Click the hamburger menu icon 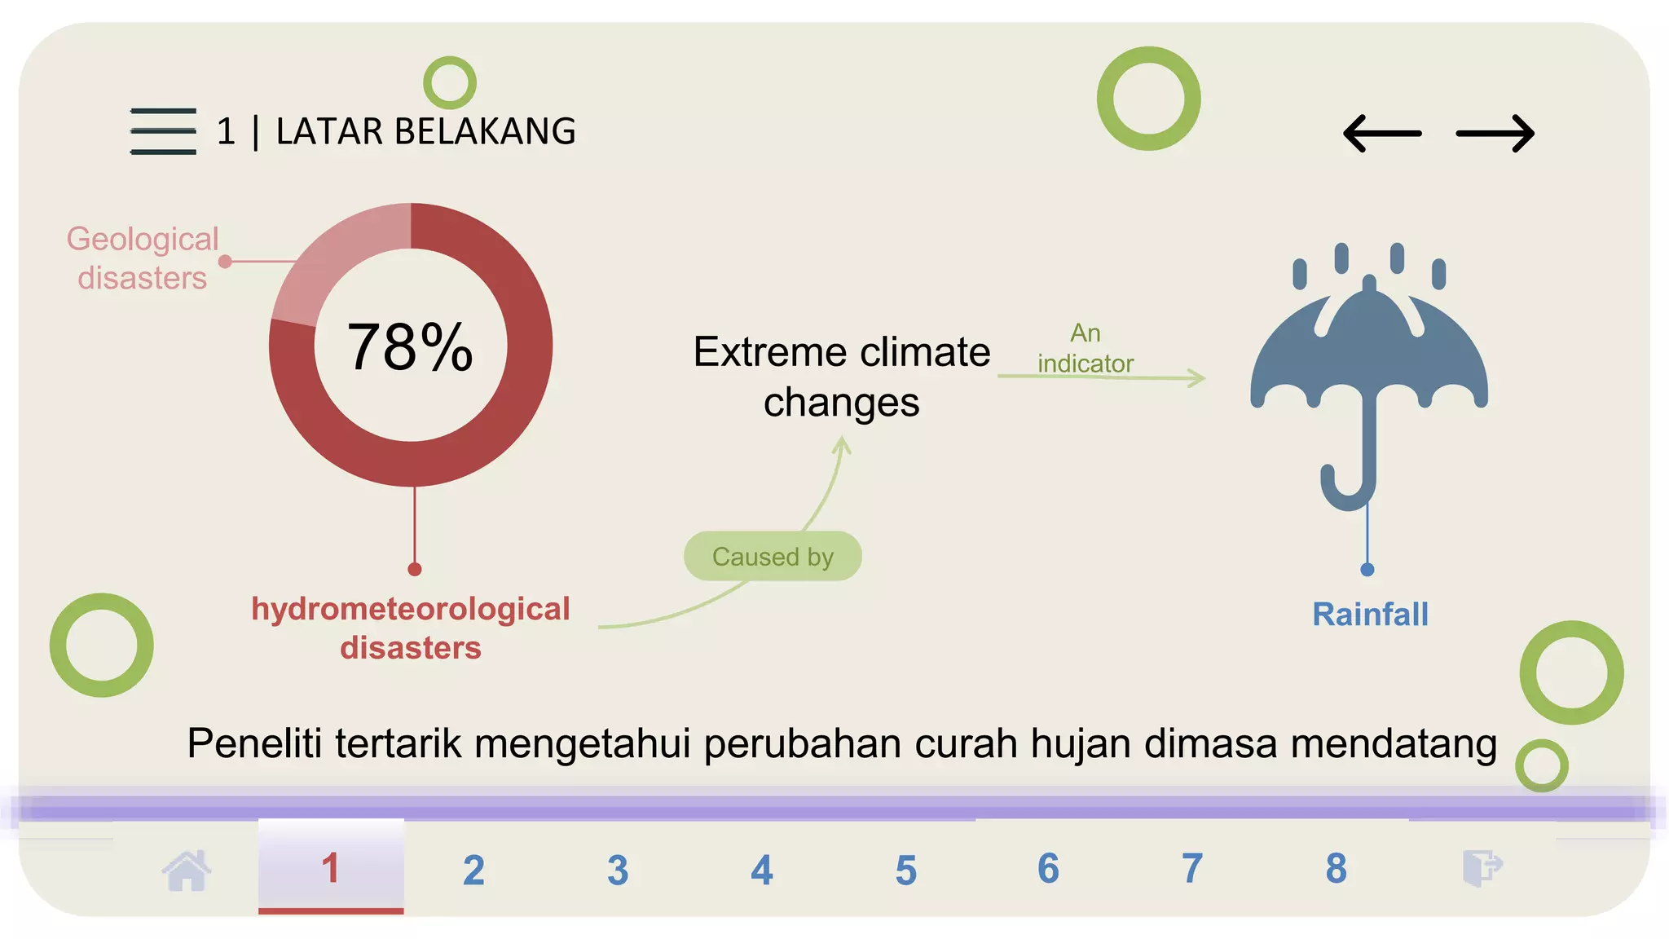point(163,130)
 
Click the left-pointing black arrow point(1382,134)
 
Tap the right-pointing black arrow point(1495,134)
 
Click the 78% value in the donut point(410,347)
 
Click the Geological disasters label point(143,258)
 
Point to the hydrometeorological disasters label point(410,628)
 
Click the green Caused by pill point(773,557)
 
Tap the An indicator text point(1085,348)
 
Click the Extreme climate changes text point(842,377)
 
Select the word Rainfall point(1370,615)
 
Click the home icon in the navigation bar point(187,870)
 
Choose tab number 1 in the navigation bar point(331,868)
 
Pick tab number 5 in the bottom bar point(905,870)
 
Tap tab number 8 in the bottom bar point(1336,868)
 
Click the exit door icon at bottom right point(1482,867)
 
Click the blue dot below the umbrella point(1367,570)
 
